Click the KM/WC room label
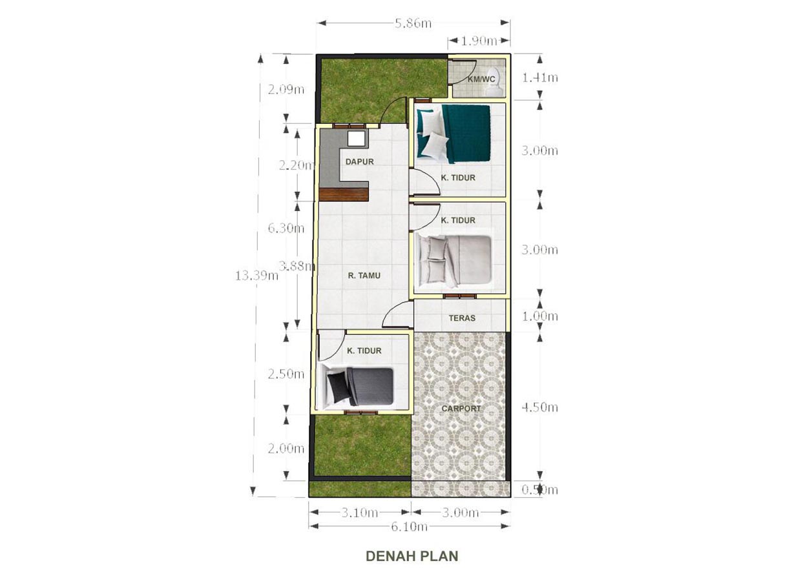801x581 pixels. pos(481,79)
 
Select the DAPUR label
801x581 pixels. pos(359,162)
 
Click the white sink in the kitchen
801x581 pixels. pos(106,139)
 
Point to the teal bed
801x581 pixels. pos(453,134)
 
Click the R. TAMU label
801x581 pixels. pos(364,276)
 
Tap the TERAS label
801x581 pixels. pos(462,318)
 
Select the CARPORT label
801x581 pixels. pos(461,409)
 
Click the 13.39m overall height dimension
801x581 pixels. pos(256,276)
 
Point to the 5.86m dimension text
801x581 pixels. pos(413,24)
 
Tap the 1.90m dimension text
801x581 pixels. pos(479,41)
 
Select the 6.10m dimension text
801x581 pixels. pos(409,527)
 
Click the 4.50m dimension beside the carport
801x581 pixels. pos(539,407)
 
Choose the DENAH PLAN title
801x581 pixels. pos(412,556)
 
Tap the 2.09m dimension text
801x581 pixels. pos(286,89)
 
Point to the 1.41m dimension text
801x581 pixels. pos(540,77)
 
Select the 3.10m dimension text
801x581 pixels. pos(359,513)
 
